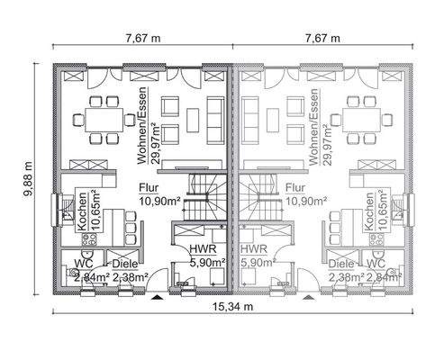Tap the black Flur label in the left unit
[149, 188]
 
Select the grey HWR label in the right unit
[253, 247]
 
